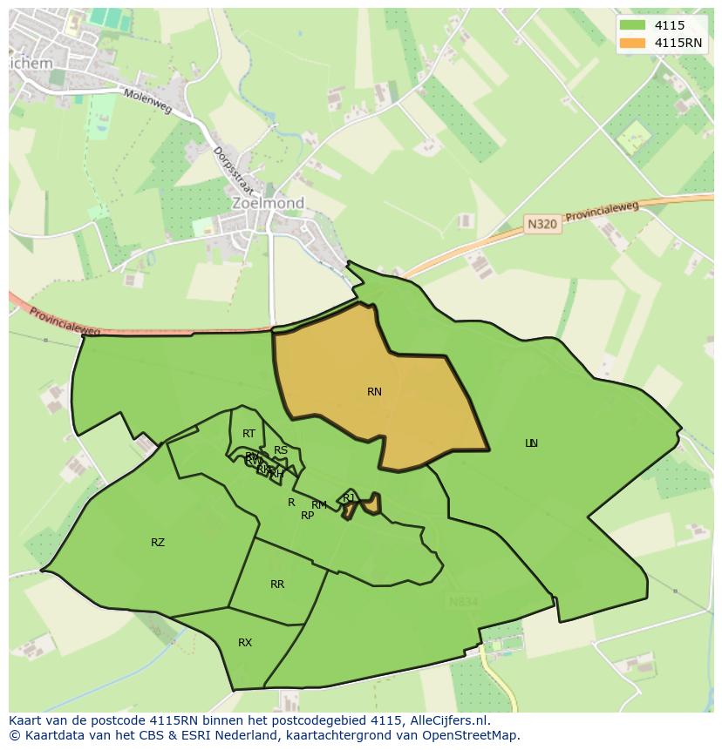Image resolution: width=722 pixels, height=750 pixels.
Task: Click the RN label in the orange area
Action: coord(374,392)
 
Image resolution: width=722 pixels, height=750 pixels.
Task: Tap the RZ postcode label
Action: coord(158,543)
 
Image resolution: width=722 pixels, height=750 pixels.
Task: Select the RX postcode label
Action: coord(245,643)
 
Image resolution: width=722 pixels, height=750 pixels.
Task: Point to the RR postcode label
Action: coord(277,584)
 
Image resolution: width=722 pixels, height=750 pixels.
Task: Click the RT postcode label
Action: coord(249,434)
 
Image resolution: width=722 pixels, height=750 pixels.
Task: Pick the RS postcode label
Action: coord(281,450)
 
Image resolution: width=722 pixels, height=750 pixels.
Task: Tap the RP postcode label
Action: coord(307,516)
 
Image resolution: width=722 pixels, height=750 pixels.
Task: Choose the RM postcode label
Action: coord(319,505)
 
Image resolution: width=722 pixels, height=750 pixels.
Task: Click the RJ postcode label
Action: coord(349,497)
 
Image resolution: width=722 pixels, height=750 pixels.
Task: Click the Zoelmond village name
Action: coord(268,203)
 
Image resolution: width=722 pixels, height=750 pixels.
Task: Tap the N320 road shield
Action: coord(541,225)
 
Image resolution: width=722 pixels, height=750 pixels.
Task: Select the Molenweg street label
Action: coord(147,105)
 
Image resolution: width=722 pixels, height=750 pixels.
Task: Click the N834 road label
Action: coord(464,602)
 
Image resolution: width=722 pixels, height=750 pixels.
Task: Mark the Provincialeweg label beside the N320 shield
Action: coord(603,210)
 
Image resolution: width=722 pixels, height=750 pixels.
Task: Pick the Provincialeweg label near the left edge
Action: coord(65,322)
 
